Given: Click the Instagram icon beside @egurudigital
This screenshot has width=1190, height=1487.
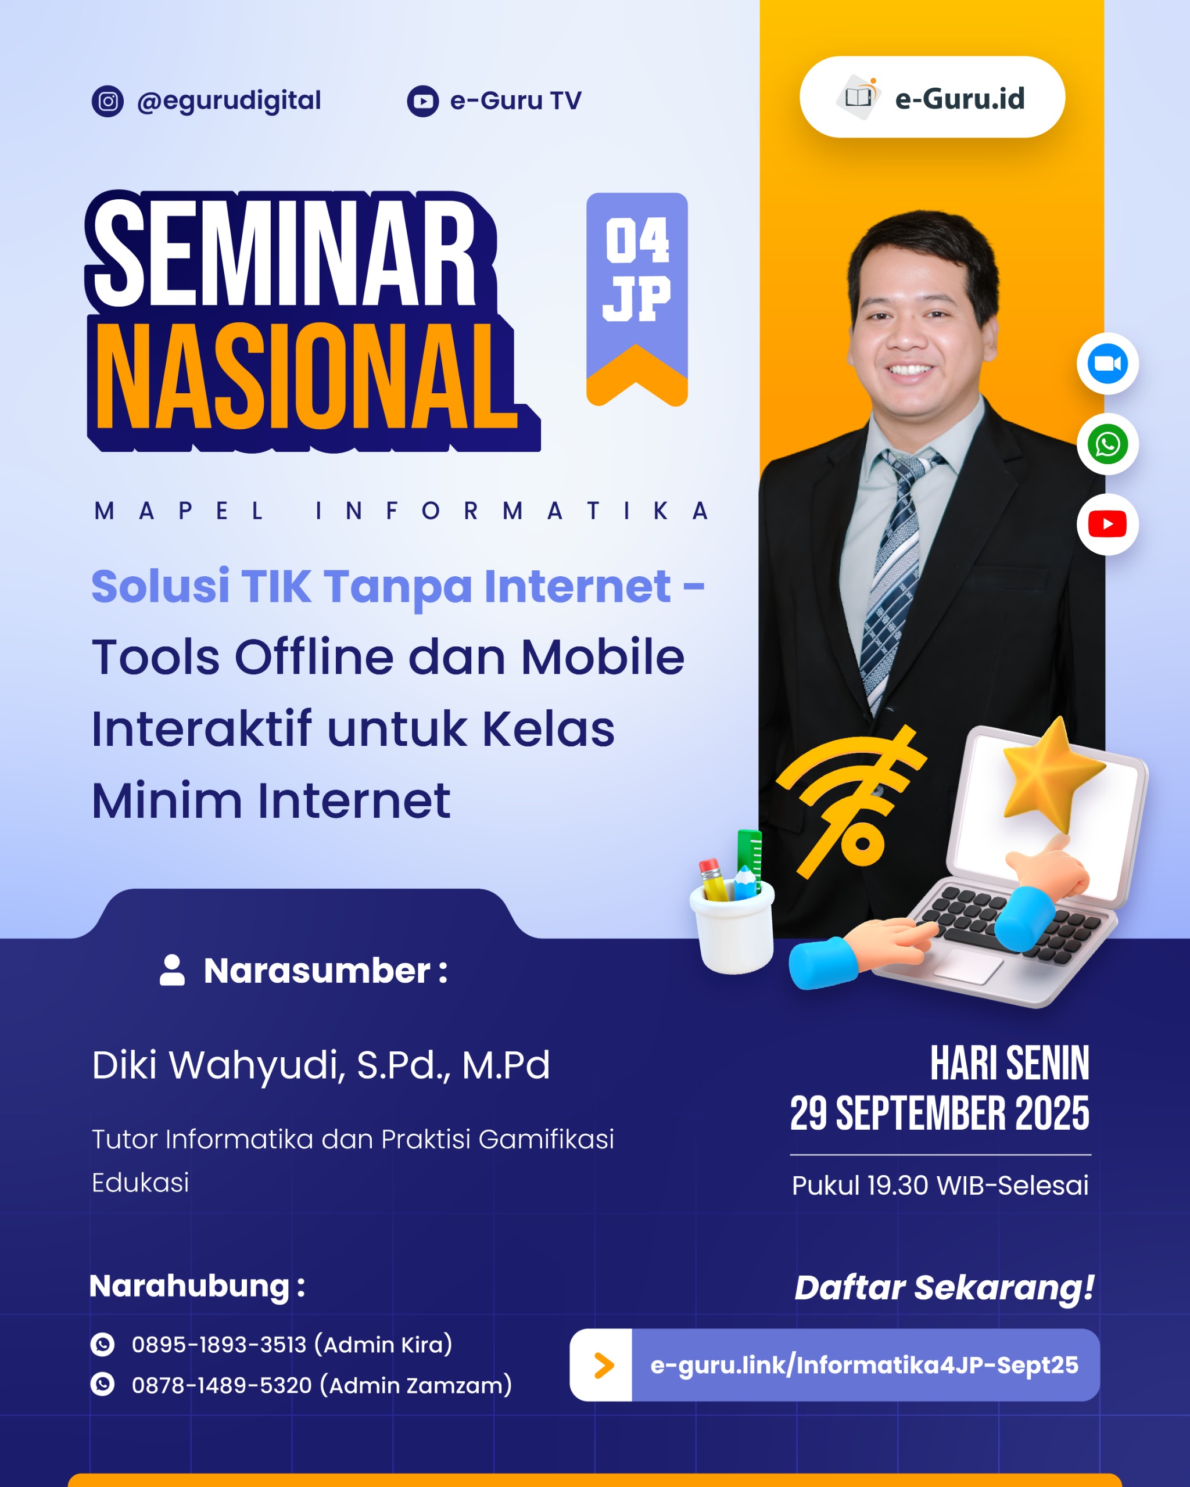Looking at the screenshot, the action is pyautogui.click(x=107, y=102).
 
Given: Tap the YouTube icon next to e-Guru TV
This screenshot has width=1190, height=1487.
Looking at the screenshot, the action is pyautogui.click(x=423, y=102).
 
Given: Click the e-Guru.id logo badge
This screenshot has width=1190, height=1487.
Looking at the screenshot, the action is pyautogui.click(x=932, y=97).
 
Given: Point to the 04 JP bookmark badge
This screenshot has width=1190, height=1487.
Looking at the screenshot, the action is pyautogui.click(x=637, y=299).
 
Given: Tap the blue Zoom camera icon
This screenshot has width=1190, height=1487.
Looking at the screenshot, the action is pyautogui.click(x=1107, y=364).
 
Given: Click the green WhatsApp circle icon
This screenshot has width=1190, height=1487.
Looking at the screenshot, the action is pyautogui.click(x=1107, y=444).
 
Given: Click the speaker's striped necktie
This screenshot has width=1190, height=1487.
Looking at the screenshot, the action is pyautogui.click(x=893, y=579).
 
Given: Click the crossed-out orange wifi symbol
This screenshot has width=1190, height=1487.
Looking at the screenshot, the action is pyautogui.click(x=852, y=800).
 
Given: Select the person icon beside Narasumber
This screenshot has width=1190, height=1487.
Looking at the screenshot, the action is pyautogui.click(x=173, y=971).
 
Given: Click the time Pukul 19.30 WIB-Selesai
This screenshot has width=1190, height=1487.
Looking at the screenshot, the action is pyautogui.click(x=940, y=1186).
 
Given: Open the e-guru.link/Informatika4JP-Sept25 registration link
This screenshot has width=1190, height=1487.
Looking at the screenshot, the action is pyautogui.click(x=865, y=1365).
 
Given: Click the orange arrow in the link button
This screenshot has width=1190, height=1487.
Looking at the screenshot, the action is pyautogui.click(x=604, y=1366).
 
